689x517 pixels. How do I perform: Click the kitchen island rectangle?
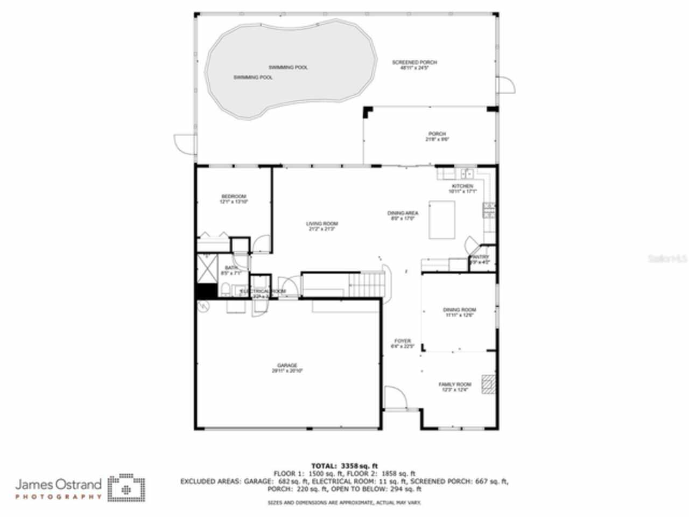pyautogui.click(x=442, y=220)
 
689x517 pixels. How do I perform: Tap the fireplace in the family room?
pyautogui.click(x=488, y=385)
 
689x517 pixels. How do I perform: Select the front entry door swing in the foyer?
pyautogui.click(x=396, y=398)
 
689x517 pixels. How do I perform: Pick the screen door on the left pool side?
pyautogui.click(x=184, y=144)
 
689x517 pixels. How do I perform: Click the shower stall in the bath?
pyautogui.click(x=206, y=268)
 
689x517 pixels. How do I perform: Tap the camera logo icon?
pyautogui.click(x=126, y=488)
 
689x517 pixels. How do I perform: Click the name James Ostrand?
pyautogui.click(x=58, y=484)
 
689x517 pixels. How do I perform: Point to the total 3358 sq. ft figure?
pyautogui.click(x=344, y=466)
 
